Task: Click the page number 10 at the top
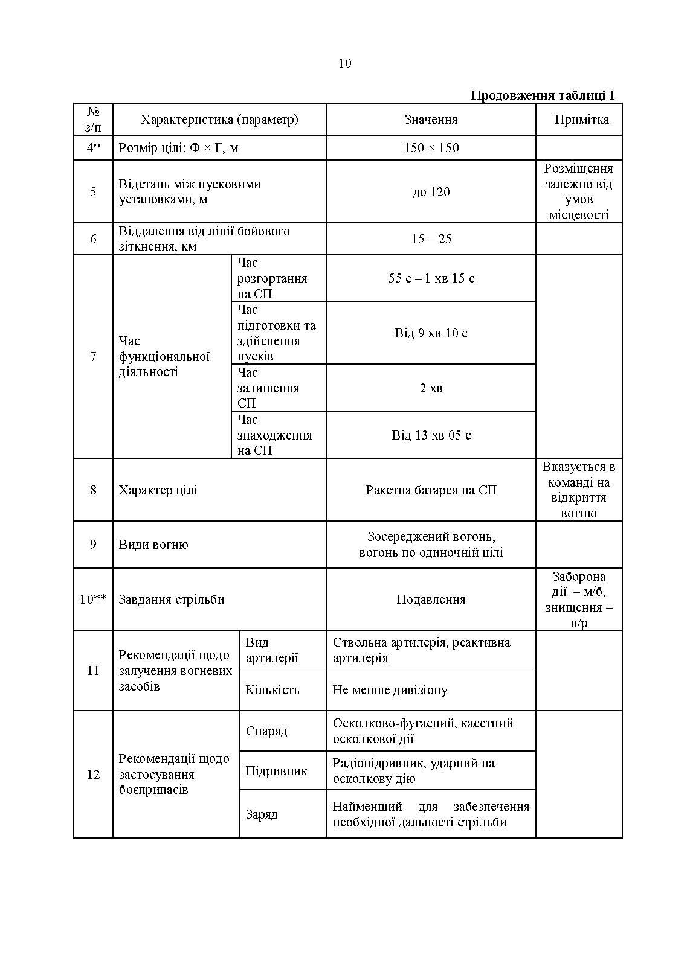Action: [345, 63]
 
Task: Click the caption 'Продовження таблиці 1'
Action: [543, 95]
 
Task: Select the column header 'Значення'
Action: [431, 120]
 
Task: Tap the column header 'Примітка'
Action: [581, 120]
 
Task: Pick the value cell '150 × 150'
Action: [431, 148]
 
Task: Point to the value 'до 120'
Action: [431, 192]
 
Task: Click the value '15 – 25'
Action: [431, 239]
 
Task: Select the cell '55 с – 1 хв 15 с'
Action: [431, 278]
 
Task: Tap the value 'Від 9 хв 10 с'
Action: [431, 333]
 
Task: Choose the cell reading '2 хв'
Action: [431, 388]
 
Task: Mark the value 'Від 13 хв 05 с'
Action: [431, 435]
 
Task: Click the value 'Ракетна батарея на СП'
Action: [431, 490]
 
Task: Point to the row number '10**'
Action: [93, 599]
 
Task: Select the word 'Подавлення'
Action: [431, 599]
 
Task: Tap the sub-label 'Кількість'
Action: [272, 690]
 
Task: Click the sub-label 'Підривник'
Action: [277, 771]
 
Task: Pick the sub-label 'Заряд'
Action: [262, 814]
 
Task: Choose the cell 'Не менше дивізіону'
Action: [390, 690]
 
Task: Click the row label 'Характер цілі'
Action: [158, 490]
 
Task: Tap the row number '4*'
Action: [93, 148]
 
